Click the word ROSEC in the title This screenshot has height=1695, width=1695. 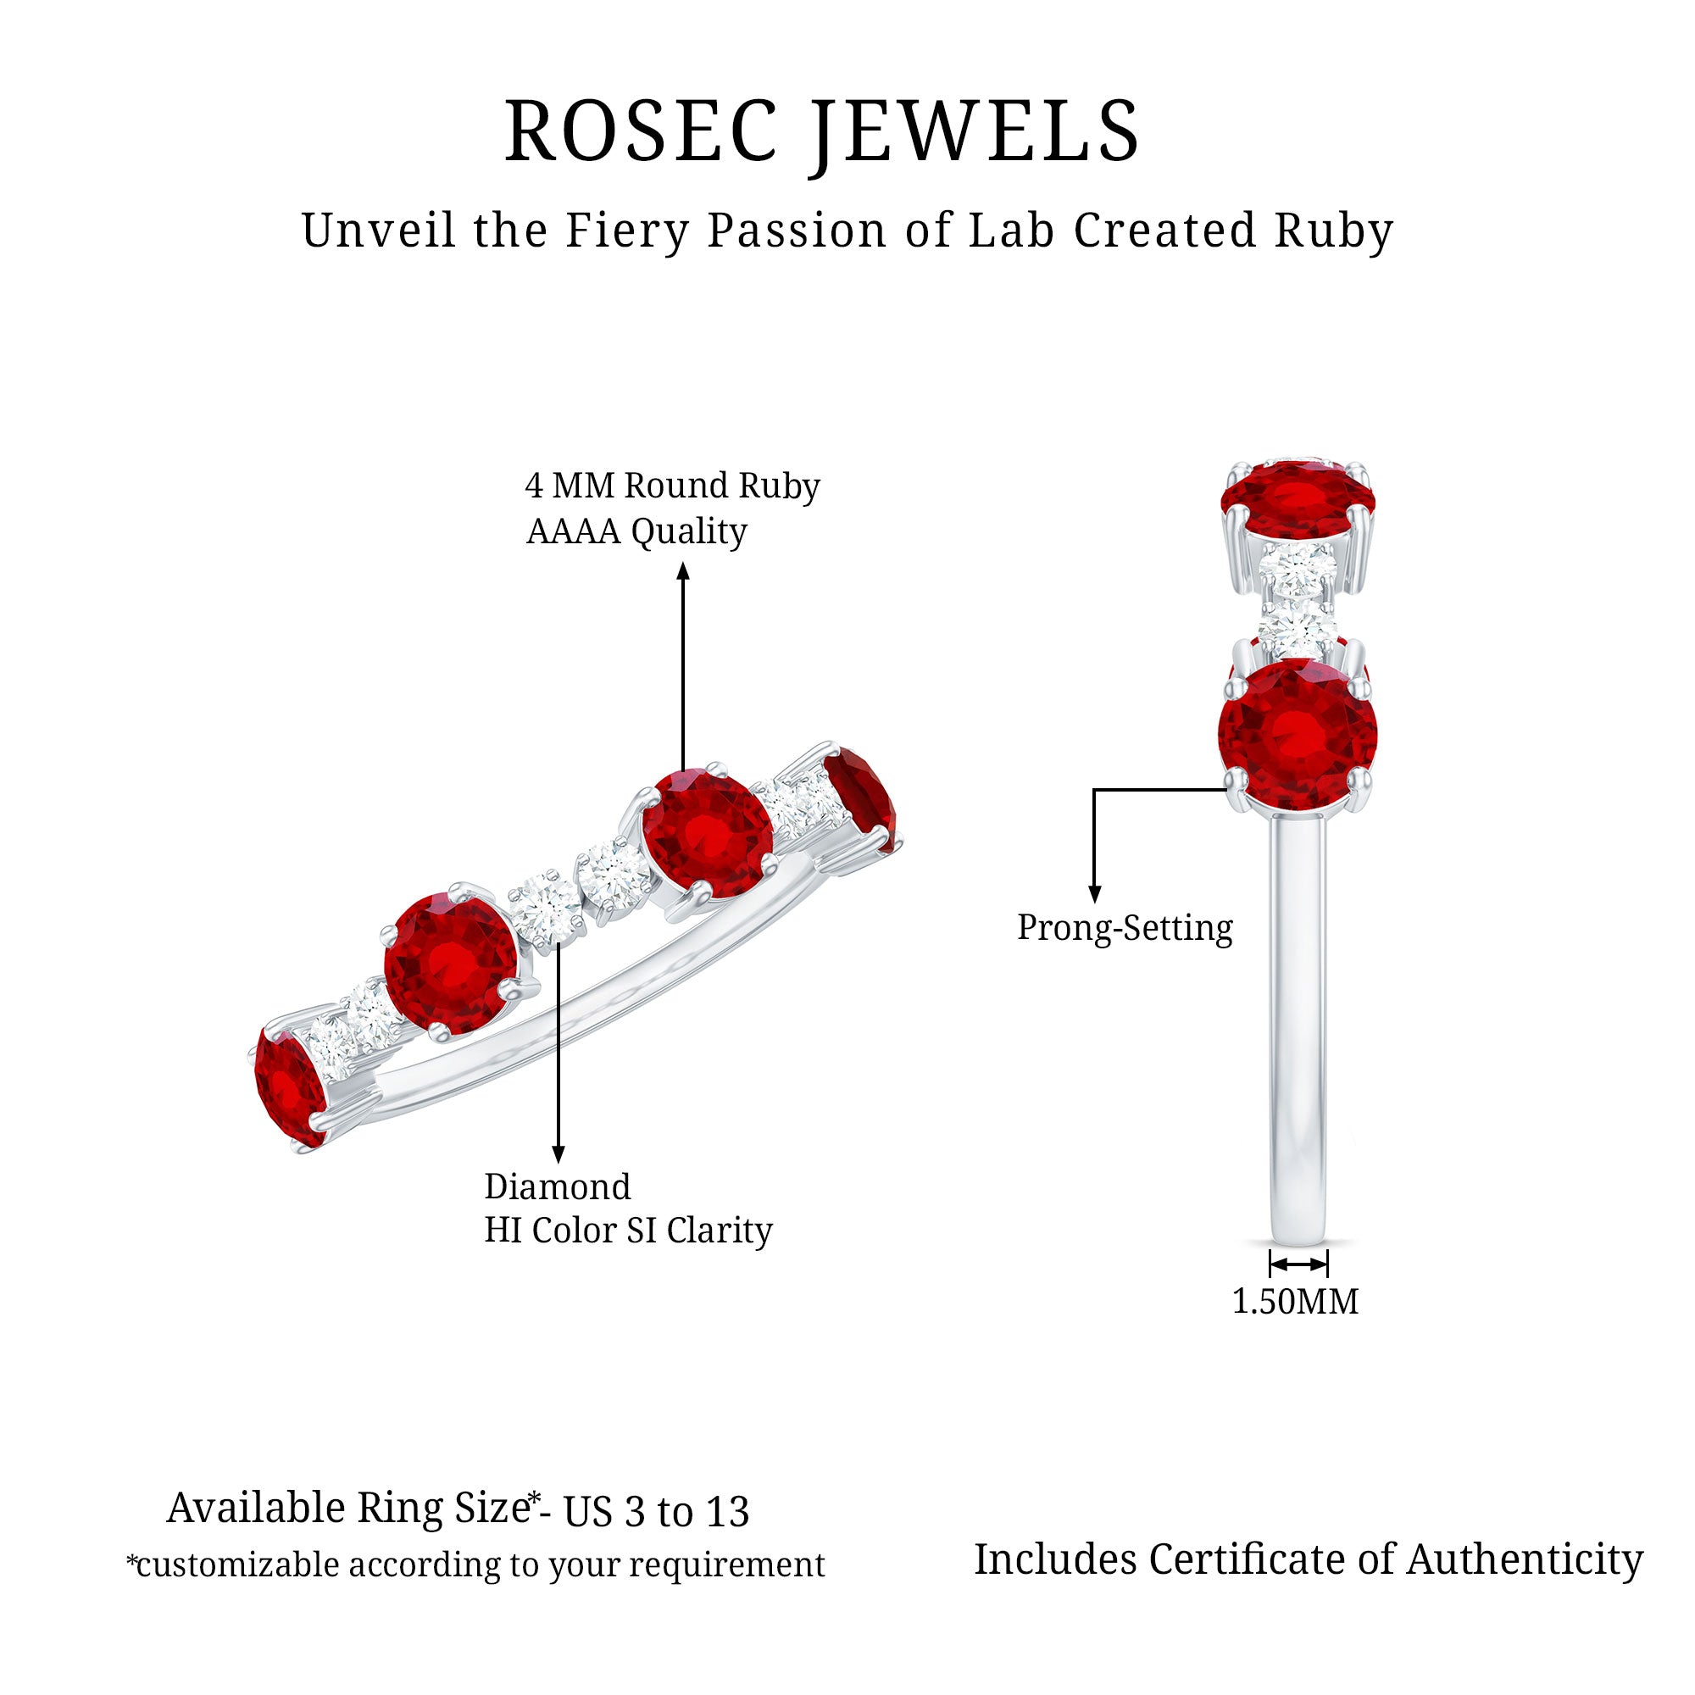coord(642,131)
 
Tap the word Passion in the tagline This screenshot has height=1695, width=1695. coord(797,231)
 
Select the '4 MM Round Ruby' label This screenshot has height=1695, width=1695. coord(672,485)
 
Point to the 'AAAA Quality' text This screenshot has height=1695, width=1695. coord(636,531)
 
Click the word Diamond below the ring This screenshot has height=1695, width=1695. coord(557,1186)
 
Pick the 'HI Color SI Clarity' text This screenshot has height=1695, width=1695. coord(628,1230)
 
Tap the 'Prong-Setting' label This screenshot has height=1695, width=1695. coord(1125,927)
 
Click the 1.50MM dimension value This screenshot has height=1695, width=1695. coord(1295,1302)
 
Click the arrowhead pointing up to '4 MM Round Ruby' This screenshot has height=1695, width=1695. coord(683,571)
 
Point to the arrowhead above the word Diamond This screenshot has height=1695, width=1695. coord(558,1154)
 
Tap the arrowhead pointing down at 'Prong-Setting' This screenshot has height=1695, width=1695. coord(1094,894)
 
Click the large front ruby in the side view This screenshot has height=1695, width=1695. coord(1298,734)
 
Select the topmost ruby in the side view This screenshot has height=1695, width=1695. coord(1298,497)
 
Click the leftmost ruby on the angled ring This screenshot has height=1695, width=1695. coord(290,1087)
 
